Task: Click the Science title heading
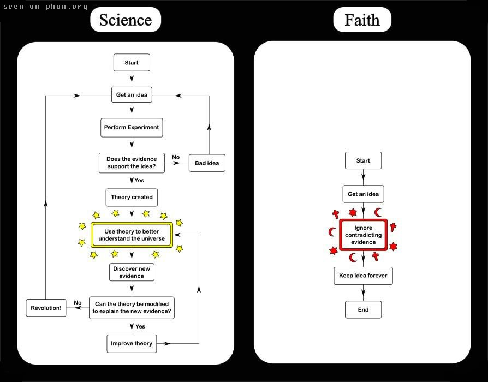click(x=126, y=20)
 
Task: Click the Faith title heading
click(x=362, y=20)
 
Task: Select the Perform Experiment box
click(x=132, y=128)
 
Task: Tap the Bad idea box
click(x=207, y=163)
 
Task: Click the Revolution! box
click(x=46, y=308)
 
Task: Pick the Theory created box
click(x=132, y=197)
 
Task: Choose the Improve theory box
click(x=132, y=344)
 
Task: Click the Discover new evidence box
click(x=132, y=272)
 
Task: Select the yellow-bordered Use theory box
click(x=132, y=235)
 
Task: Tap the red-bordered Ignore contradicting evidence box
click(x=363, y=235)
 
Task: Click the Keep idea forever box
click(x=363, y=276)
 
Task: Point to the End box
click(x=363, y=309)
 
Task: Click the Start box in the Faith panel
click(x=363, y=160)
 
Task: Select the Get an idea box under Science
click(x=132, y=94)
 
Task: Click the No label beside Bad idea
click(x=176, y=157)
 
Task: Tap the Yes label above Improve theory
click(x=140, y=326)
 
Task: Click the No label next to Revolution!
click(x=78, y=303)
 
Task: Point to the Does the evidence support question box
click(x=132, y=163)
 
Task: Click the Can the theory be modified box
click(x=132, y=308)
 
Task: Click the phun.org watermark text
click(x=45, y=7)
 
